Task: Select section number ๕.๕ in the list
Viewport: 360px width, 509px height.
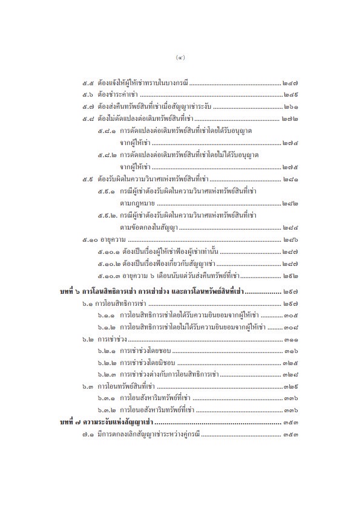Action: point(87,82)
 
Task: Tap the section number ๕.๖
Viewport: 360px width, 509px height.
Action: point(87,94)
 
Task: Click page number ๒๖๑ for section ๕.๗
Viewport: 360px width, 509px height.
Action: point(291,107)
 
